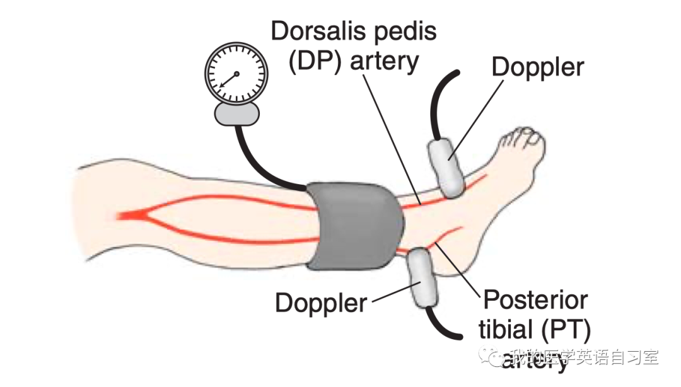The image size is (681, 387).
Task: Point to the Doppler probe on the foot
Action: [x=447, y=167]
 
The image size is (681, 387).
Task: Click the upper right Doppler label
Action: [x=538, y=66]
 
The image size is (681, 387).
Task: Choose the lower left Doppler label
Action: [x=321, y=303]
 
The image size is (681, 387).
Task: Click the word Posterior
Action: [x=535, y=300]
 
